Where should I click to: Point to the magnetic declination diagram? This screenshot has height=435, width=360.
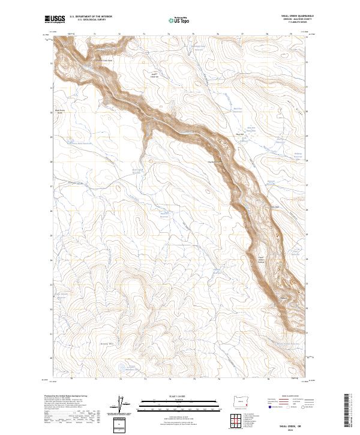tap(123, 405)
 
